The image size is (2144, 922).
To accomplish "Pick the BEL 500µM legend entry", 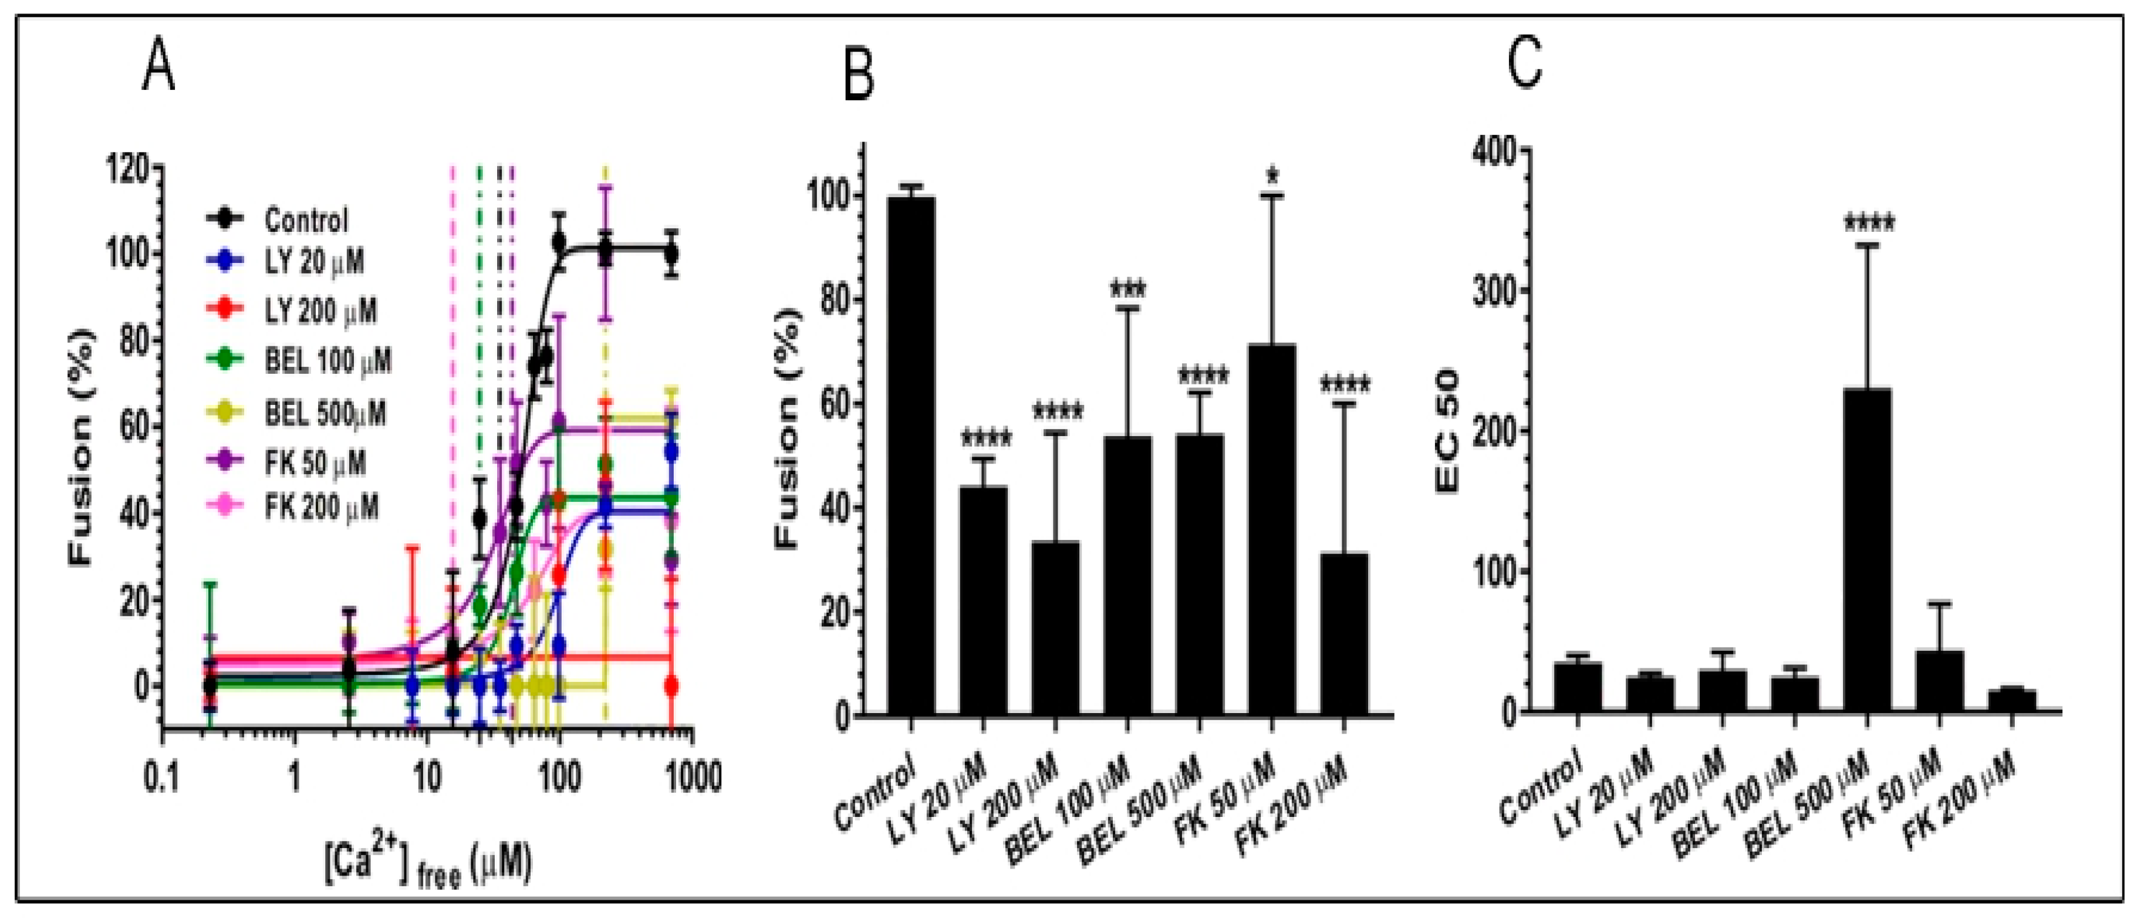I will pyautogui.click(x=324, y=413).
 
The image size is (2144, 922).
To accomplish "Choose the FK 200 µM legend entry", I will pyautogui.click(x=320, y=506).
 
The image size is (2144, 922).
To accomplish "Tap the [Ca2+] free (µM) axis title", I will pyautogui.click(x=428, y=866).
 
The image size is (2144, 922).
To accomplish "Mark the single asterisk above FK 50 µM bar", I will pyautogui.click(x=1272, y=175).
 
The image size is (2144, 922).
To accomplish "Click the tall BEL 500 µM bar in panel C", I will pyautogui.click(x=1867, y=549).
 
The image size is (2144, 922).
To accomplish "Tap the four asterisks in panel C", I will pyautogui.click(x=1869, y=223).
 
